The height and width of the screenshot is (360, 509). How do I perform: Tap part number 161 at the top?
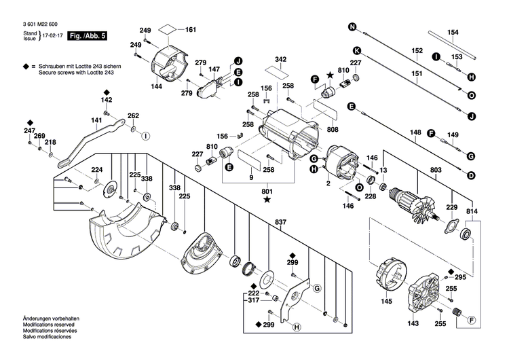pos(191,30)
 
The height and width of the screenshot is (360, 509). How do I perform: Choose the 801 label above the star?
pos(267,191)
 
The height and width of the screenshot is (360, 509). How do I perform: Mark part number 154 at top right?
pos(453,33)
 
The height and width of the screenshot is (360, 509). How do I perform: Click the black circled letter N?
pos(352,27)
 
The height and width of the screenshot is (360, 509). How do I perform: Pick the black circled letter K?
pos(354,50)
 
